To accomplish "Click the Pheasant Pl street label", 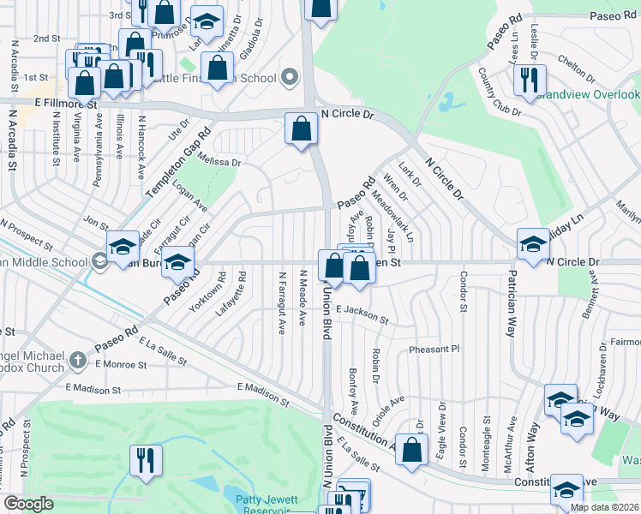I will [435, 350].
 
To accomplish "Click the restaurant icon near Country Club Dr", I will [525, 81].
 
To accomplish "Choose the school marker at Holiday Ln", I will [532, 244].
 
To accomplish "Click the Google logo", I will [29, 504].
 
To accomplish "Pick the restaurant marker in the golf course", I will [146, 460].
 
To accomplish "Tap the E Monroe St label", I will [121, 364].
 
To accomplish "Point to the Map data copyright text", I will [605, 507].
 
